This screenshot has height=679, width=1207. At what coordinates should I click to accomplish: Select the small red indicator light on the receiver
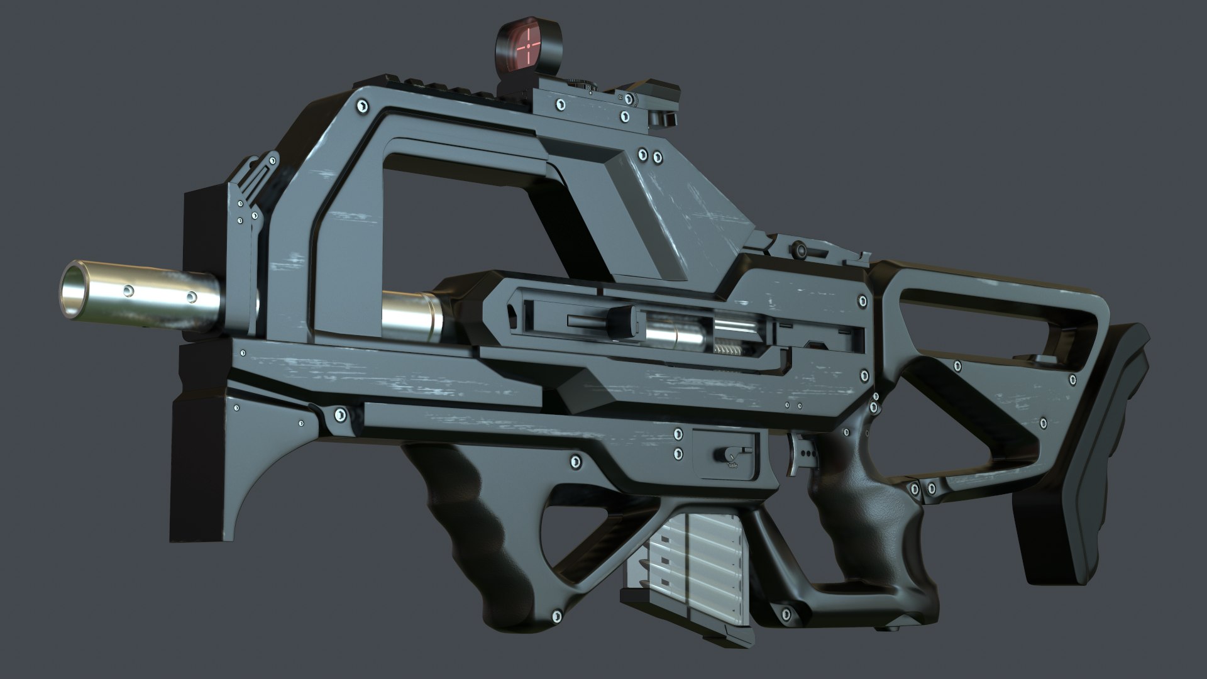tap(815, 344)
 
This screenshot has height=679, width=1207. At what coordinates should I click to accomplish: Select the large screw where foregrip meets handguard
tap(340, 415)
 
